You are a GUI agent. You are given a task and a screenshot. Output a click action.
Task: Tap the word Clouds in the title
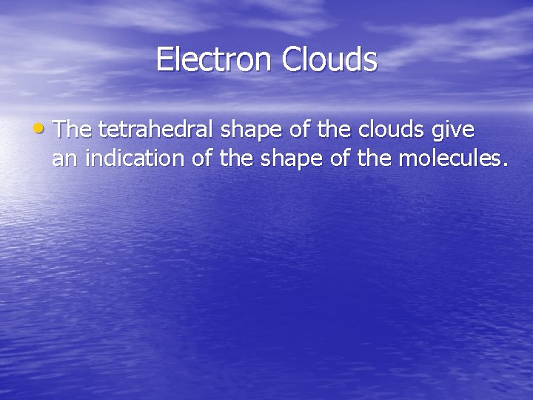pyautogui.click(x=329, y=60)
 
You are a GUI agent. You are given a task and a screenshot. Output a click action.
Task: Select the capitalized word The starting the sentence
pyautogui.click(x=72, y=130)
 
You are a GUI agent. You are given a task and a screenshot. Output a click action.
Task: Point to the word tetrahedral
pyautogui.click(x=158, y=130)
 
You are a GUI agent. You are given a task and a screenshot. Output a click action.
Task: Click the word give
pyautogui.click(x=452, y=131)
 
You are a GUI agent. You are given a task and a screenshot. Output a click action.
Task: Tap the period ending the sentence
pyautogui.click(x=505, y=164)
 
